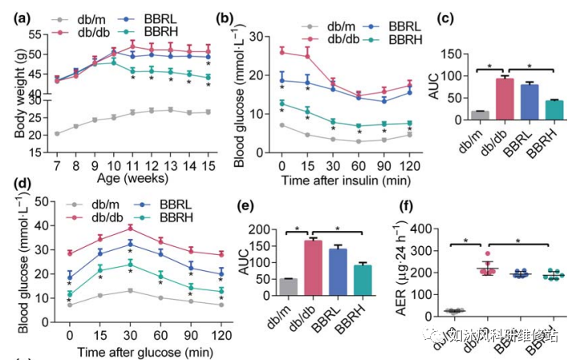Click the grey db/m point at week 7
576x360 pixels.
[x=56, y=133]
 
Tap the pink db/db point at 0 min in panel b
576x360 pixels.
[x=282, y=51]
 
